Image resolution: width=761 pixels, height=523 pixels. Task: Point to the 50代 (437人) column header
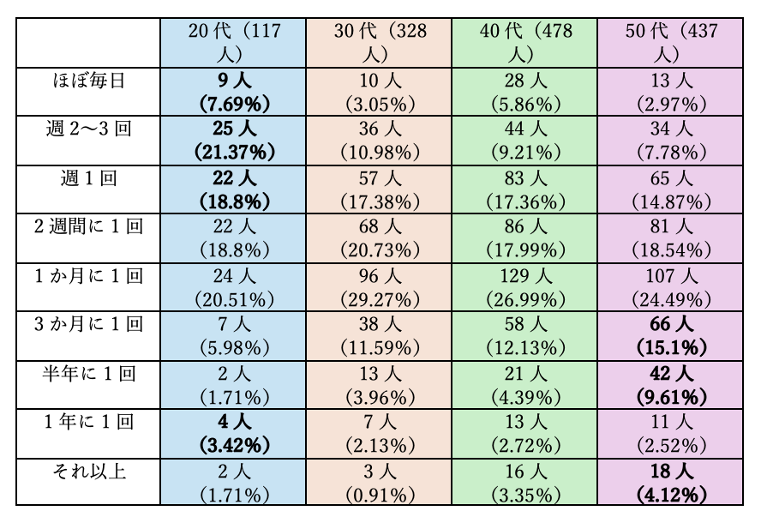670,42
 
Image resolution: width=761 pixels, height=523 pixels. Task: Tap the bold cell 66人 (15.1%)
670,336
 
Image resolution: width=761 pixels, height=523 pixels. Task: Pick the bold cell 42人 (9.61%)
670,385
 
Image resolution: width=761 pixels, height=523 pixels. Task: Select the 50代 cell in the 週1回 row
670,189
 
